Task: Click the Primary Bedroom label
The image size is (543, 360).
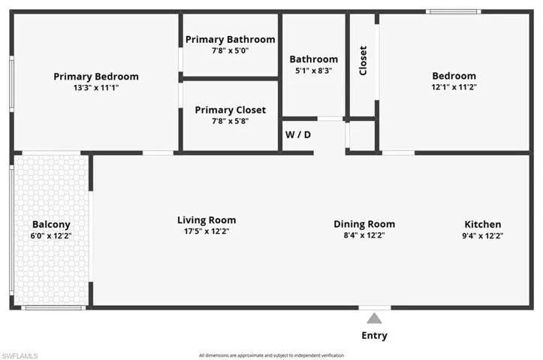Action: pyautogui.click(x=95, y=76)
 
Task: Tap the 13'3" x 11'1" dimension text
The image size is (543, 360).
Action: pyautogui.click(x=95, y=87)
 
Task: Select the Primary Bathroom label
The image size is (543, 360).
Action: pyautogui.click(x=230, y=39)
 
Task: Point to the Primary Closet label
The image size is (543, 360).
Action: pyautogui.click(x=230, y=110)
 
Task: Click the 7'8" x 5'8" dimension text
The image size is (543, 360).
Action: pyautogui.click(x=230, y=121)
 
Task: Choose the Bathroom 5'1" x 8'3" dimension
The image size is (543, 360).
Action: pyautogui.click(x=313, y=70)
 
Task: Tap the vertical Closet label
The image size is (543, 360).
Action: pyautogui.click(x=364, y=60)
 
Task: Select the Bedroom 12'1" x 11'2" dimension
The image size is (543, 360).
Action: pyautogui.click(x=454, y=87)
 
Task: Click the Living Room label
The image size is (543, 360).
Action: pyautogui.click(x=207, y=220)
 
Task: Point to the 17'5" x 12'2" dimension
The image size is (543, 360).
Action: pyautogui.click(x=207, y=231)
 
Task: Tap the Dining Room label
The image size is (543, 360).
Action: pyautogui.click(x=364, y=224)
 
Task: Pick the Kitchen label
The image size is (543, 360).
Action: pyautogui.click(x=482, y=224)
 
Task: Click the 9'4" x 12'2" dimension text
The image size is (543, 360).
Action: pyautogui.click(x=482, y=235)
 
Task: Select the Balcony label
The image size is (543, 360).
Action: pyautogui.click(x=51, y=224)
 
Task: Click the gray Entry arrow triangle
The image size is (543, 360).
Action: pyautogui.click(x=374, y=318)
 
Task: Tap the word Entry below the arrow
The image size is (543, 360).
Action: pyautogui.click(x=375, y=335)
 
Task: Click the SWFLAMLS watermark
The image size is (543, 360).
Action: pyautogui.click(x=20, y=355)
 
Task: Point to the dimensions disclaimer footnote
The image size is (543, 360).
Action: pyautogui.click(x=271, y=355)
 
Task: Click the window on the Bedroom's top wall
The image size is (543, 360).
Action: pyautogui.click(x=453, y=11)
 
